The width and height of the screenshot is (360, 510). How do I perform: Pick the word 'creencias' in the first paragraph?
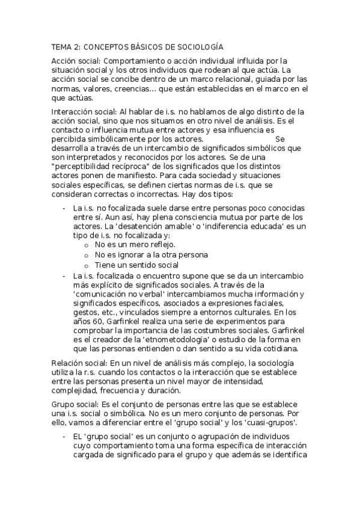[x=141, y=88]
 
